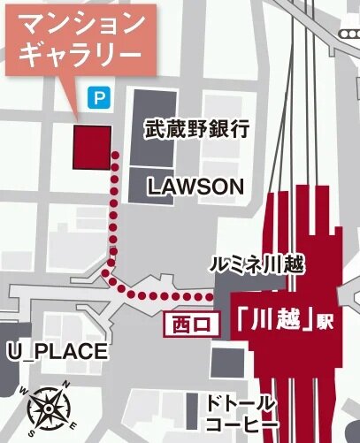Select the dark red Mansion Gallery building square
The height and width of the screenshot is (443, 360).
coord(91,146)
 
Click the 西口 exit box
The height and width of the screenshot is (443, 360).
coord(190,323)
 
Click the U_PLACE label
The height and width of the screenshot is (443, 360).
coord(57,352)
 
